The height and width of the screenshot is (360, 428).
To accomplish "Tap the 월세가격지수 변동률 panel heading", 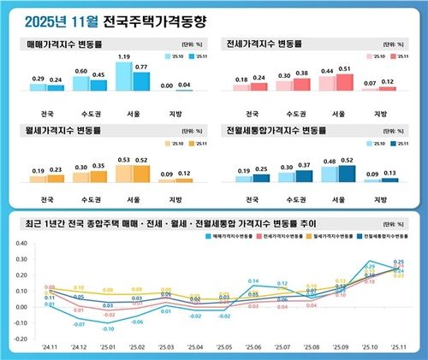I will tap(63, 131).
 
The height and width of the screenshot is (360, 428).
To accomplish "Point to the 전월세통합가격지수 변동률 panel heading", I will tap(273, 131).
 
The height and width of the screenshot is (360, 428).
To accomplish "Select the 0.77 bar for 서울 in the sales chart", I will tap(142, 80).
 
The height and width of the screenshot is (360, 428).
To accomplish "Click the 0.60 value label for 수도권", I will tap(80, 71).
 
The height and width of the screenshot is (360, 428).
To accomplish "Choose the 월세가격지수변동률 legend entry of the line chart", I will tap(329, 233).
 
